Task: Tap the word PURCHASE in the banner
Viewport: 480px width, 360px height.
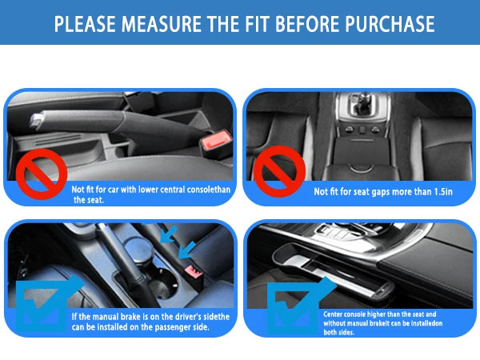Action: point(390,23)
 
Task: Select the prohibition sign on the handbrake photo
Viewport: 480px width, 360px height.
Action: point(42,174)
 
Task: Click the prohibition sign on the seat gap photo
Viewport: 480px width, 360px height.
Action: point(279,171)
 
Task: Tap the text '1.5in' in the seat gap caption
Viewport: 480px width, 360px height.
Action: point(443,192)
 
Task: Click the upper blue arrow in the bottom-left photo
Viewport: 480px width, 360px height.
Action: point(168,234)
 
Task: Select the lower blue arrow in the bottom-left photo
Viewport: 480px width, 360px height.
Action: point(186,250)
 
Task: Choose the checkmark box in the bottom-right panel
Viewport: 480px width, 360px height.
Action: point(294,306)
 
